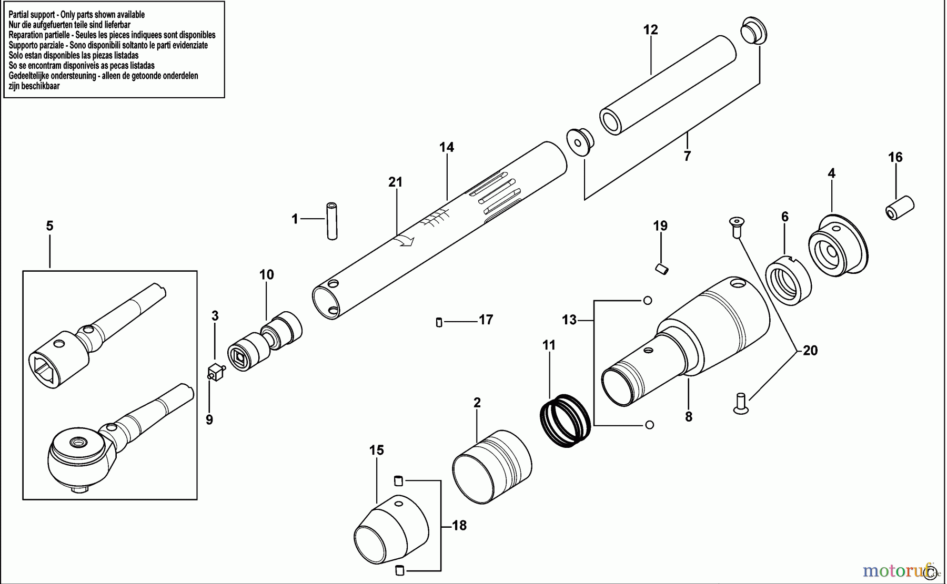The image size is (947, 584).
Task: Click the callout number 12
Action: [x=651, y=30]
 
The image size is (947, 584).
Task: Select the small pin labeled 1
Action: [x=331, y=221]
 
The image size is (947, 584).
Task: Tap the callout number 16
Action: [x=895, y=157]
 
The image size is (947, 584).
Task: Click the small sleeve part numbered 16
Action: [x=900, y=208]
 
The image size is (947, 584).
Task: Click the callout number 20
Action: [x=810, y=351]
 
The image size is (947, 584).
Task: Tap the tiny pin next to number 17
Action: [x=439, y=322]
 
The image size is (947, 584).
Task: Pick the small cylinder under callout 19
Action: [x=661, y=269]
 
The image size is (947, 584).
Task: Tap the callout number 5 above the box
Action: [x=49, y=226]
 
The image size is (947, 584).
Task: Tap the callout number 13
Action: [x=569, y=320]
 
